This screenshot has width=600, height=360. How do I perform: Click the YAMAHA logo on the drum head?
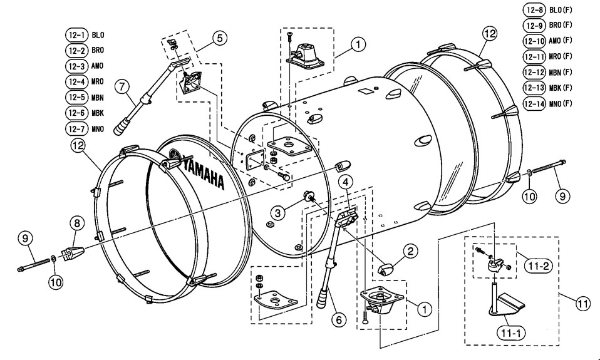point(204,172)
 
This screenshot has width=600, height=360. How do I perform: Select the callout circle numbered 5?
point(220,38)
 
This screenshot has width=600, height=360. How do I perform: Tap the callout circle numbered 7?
point(122,87)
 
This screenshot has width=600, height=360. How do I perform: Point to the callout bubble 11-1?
point(511,333)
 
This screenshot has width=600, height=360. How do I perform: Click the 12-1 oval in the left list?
point(76,35)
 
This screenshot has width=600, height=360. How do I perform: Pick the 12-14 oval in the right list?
point(534,104)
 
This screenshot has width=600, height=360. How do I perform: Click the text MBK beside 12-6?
point(98,113)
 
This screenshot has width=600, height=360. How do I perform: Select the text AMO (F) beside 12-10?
point(560,41)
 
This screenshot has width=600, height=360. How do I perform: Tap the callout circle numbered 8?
point(77,224)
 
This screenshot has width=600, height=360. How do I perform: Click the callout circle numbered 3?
point(278,213)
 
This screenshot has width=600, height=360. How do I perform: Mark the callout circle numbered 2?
point(410,251)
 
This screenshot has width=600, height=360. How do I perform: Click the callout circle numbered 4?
point(346,182)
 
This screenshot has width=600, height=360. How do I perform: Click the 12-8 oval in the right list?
point(534,9)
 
